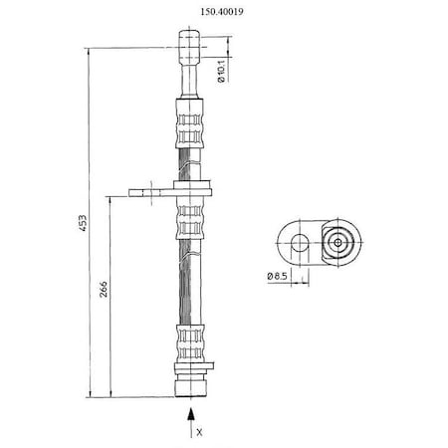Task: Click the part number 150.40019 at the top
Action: tap(222, 12)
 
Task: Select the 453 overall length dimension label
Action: tap(83, 223)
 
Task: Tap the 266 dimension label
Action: tap(104, 289)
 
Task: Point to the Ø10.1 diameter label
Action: tap(222, 71)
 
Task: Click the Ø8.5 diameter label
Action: tap(277, 276)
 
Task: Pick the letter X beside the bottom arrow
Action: tap(199, 432)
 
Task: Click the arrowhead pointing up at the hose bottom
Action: tap(190, 414)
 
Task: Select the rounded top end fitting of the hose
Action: tap(189, 47)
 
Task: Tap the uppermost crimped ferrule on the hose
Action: tap(189, 123)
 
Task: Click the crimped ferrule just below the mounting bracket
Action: tap(189, 217)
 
